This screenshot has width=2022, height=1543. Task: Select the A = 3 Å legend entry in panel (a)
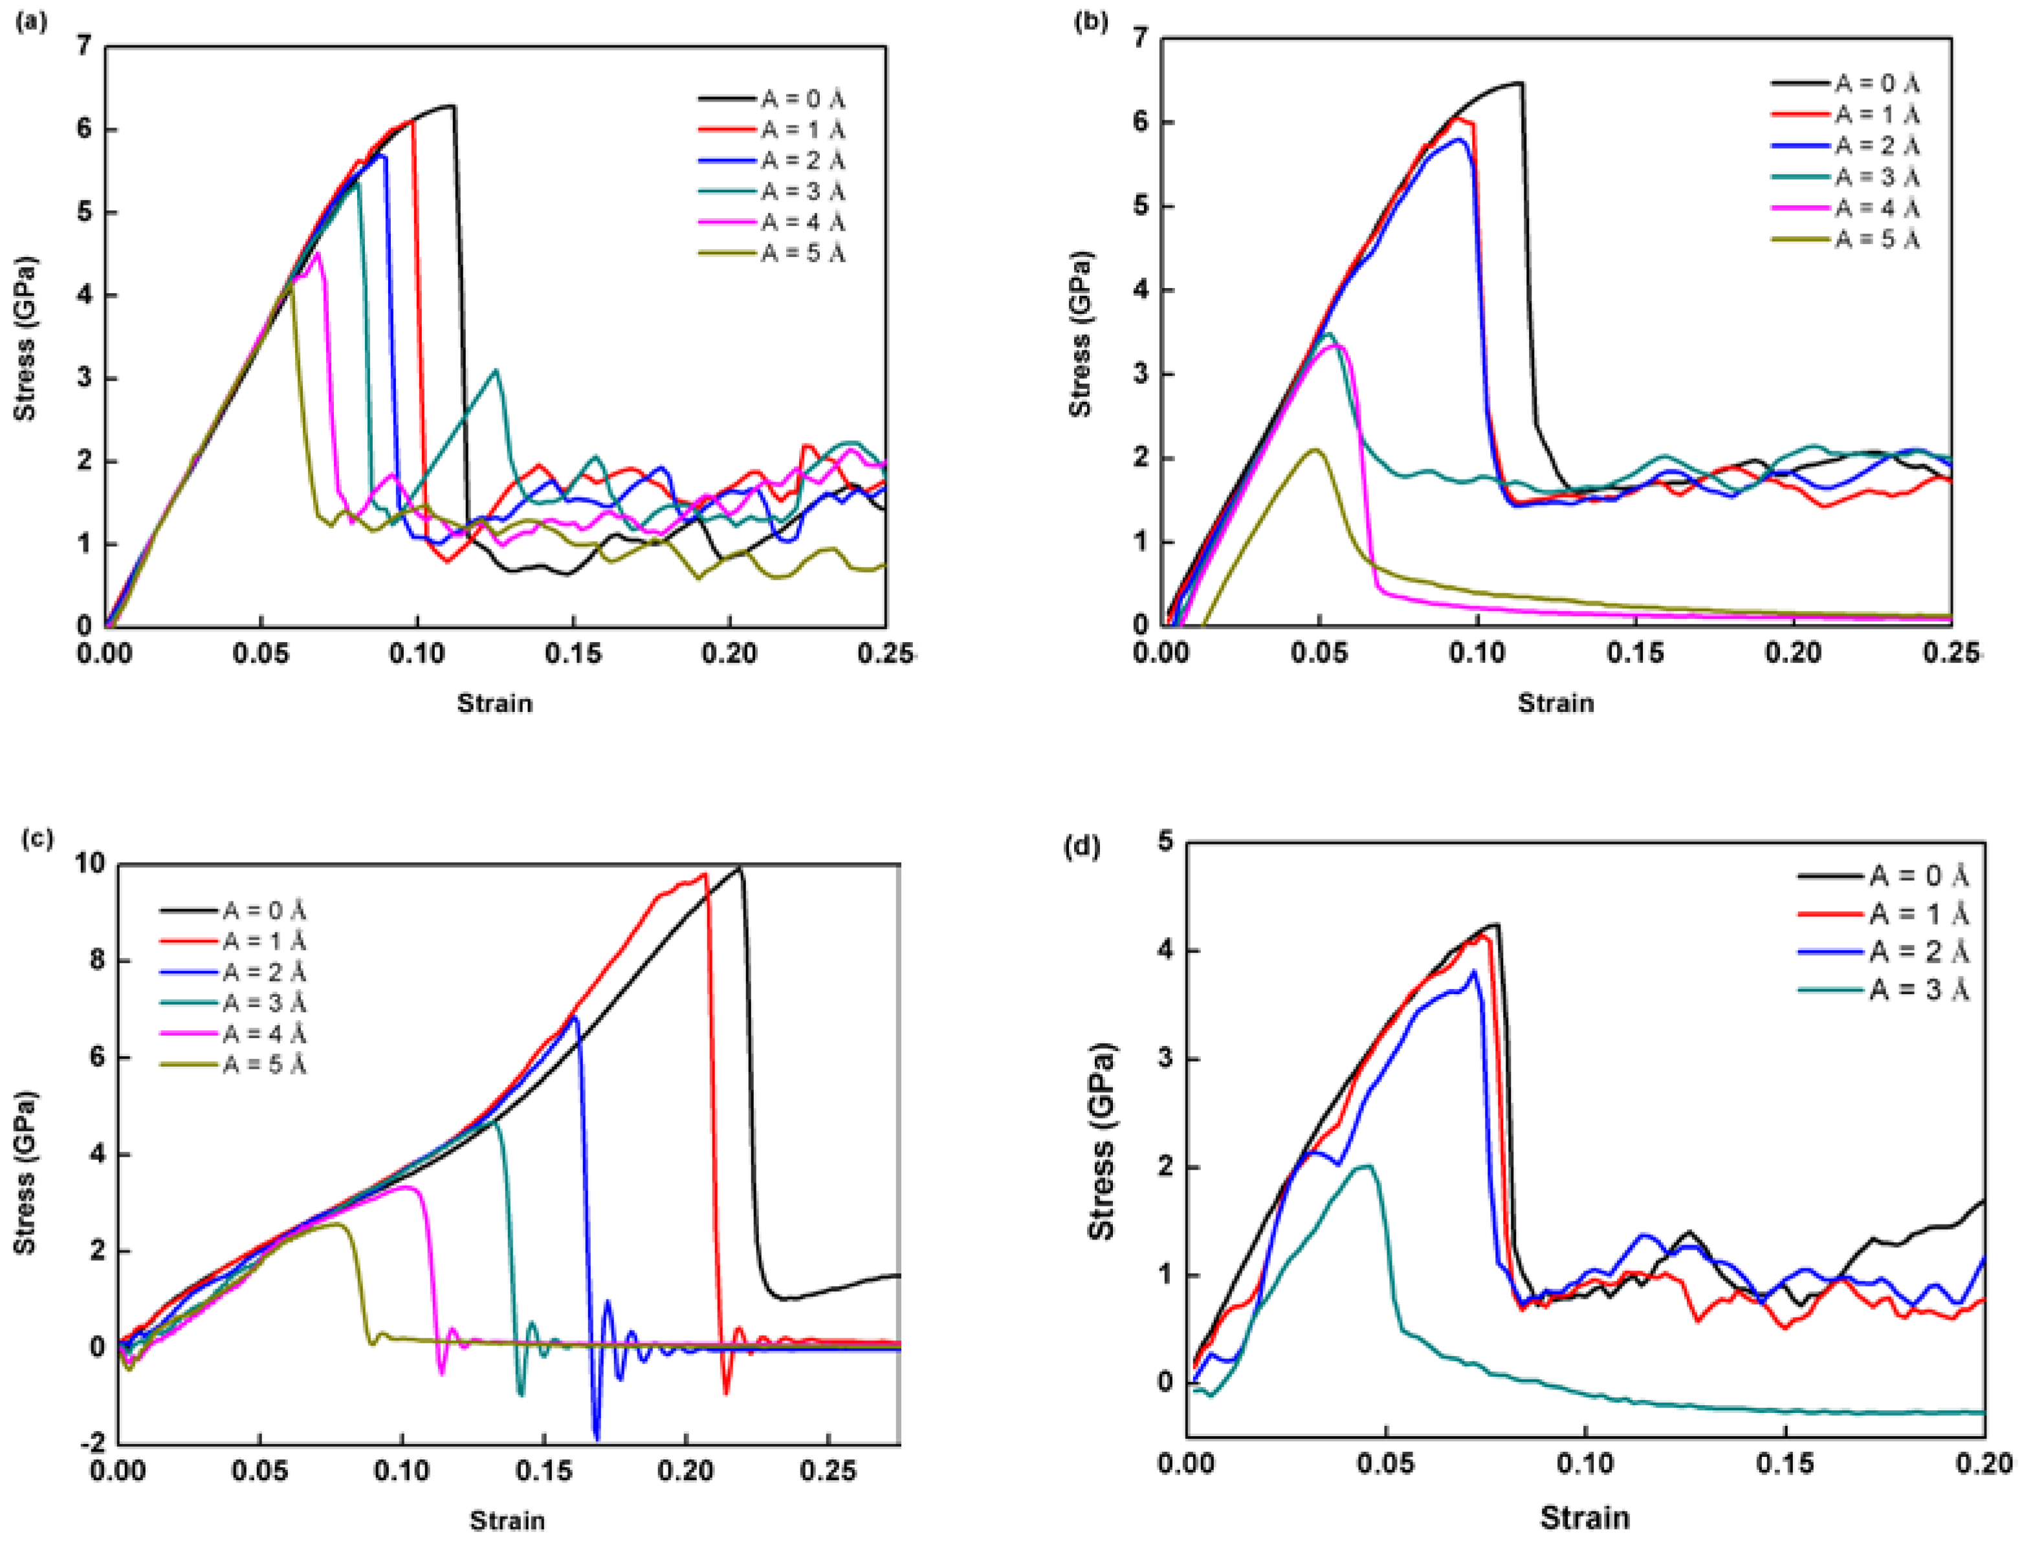pyautogui.click(x=802, y=191)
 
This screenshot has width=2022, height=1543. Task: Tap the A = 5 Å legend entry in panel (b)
pyautogui.click(x=1876, y=239)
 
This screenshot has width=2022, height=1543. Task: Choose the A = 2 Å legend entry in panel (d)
pyautogui.click(x=1919, y=951)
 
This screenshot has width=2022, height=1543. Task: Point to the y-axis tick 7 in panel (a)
pyautogui.click(x=85, y=46)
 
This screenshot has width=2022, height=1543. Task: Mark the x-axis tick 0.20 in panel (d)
pyautogui.click(x=1983, y=1463)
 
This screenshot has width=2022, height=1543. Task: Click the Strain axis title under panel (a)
pyautogui.click(x=494, y=704)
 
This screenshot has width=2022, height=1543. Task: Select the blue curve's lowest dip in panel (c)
pyautogui.click(x=597, y=1438)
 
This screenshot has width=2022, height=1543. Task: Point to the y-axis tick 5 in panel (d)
pyautogui.click(x=1166, y=841)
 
